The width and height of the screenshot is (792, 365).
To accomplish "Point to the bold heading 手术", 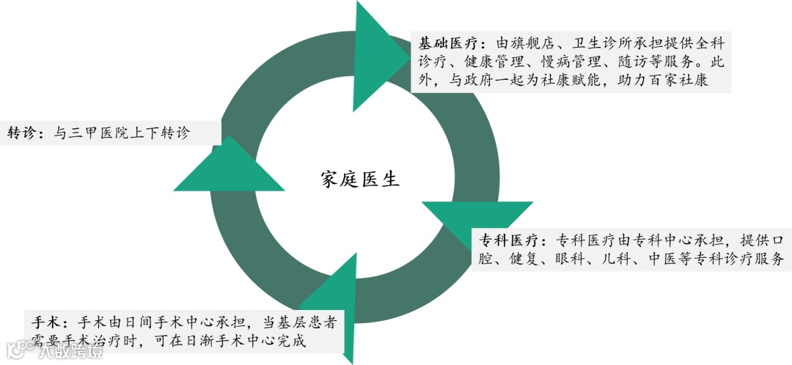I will (x=48, y=322).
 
